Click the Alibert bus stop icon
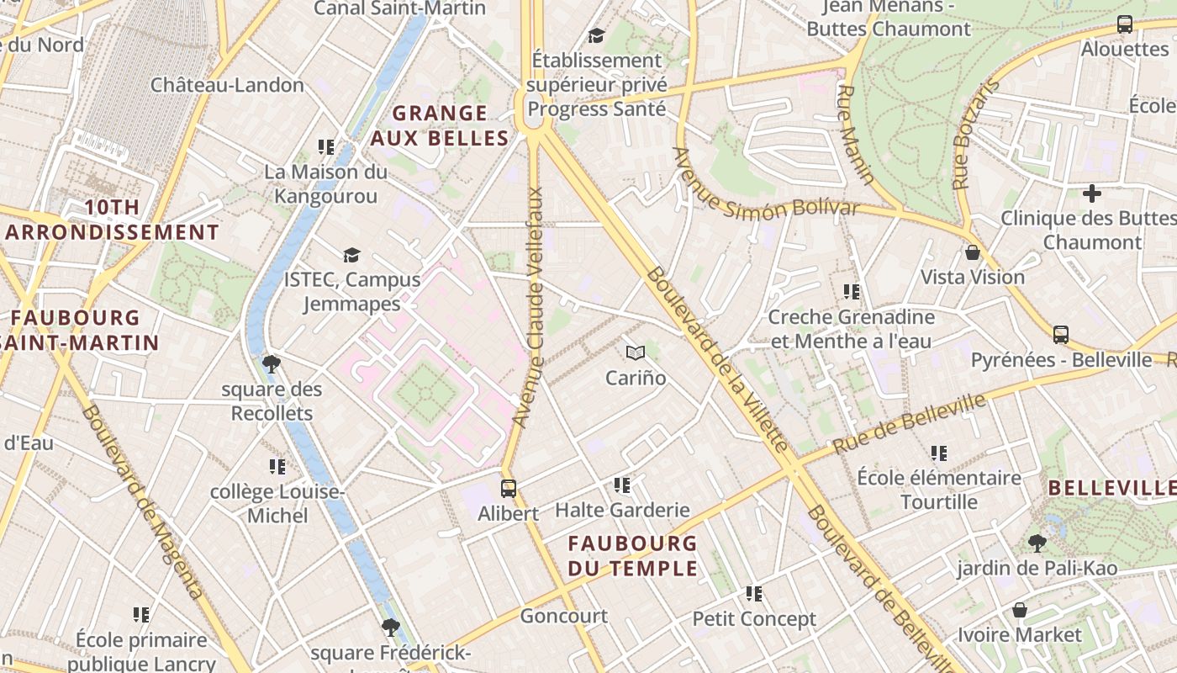(508, 488)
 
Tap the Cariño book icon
(636, 353)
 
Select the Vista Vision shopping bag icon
(973, 252)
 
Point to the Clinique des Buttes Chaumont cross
(1091, 193)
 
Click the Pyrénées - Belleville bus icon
(1061, 335)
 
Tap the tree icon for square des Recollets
(271, 364)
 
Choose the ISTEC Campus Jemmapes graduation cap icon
(351, 255)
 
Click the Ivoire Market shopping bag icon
(1020, 609)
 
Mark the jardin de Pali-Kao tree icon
(1037, 543)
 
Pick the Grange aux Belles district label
(440, 125)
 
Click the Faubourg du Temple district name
(633, 555)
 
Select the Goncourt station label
(563, 616)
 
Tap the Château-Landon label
(227, 85)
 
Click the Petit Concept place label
(754, 619)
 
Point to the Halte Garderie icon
(622, 485)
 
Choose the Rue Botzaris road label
(974, 135)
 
